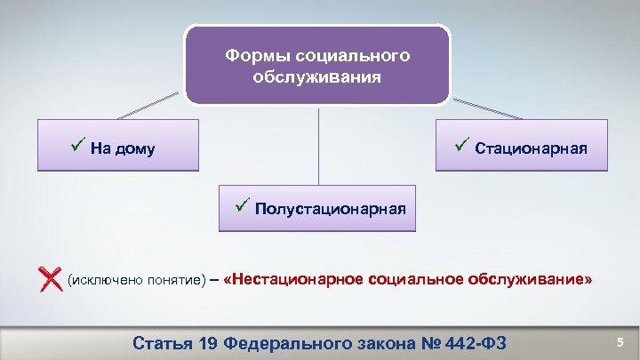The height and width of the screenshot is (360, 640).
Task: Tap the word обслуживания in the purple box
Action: click(x=316, y=77)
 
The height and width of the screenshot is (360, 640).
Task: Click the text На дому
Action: click(x=123, y=148)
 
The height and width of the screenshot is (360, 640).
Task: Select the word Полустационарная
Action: click(x=331, y=210)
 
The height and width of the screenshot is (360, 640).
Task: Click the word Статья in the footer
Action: click(x=162, y=342)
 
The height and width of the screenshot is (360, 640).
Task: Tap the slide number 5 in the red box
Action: click(x=620, y=341)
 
